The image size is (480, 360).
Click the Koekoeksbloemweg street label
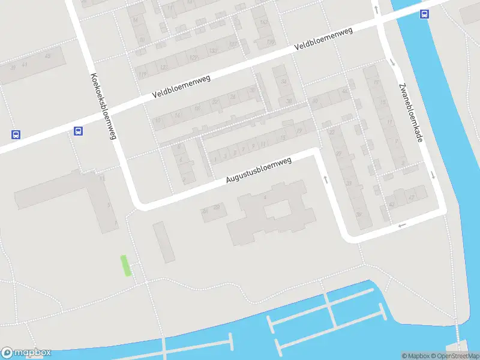point(103,106)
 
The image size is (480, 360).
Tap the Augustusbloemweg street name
point(259,170)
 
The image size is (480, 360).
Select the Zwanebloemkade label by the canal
point(409,112)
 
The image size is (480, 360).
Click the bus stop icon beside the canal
point(424,15)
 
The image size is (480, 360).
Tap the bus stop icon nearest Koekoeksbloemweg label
point(78,131)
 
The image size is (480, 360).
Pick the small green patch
point(126,265)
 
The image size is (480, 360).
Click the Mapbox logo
point(26,353)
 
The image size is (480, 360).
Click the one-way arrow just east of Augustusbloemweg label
point(325,179)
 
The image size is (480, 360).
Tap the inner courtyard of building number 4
point(277,209)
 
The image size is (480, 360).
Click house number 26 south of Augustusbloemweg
point(205,211)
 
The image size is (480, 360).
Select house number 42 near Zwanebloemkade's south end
point(412,196)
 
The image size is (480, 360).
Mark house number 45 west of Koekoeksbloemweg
point(47,56)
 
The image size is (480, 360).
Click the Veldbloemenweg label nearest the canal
point(323,42)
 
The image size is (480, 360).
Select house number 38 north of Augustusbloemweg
point(289,101)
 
